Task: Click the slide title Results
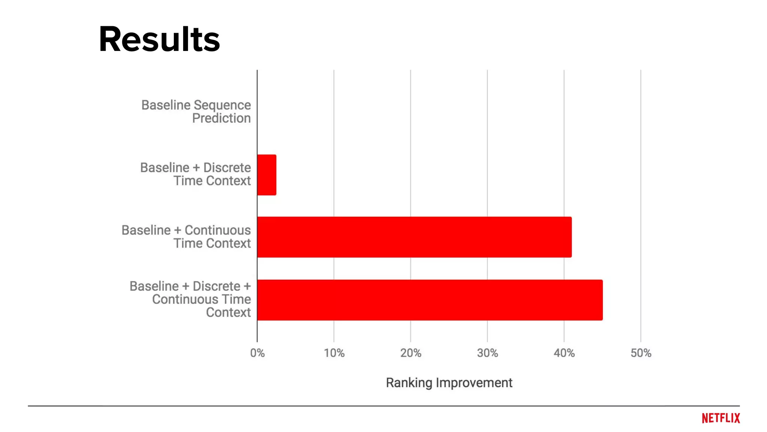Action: [159, 39]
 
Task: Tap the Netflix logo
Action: [721, 418]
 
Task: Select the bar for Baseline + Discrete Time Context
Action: [267, 175]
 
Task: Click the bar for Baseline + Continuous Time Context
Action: [414, 237]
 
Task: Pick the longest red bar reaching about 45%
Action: [430, 300]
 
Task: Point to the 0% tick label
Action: [257, 353]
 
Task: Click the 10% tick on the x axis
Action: [334, 353]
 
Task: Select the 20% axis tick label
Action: [411, 353]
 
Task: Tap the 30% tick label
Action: [487, 353]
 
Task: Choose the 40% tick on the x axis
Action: [564, 353]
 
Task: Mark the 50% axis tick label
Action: [641, 353]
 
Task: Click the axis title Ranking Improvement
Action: [449, 382]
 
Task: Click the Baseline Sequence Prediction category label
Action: [196, 111]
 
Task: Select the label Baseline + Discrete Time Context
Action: [195, 174]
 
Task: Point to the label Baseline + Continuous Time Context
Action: [186, 237]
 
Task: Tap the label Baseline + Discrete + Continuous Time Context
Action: [190, 299]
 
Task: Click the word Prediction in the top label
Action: [221, 118]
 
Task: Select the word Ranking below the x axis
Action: [409, 382]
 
